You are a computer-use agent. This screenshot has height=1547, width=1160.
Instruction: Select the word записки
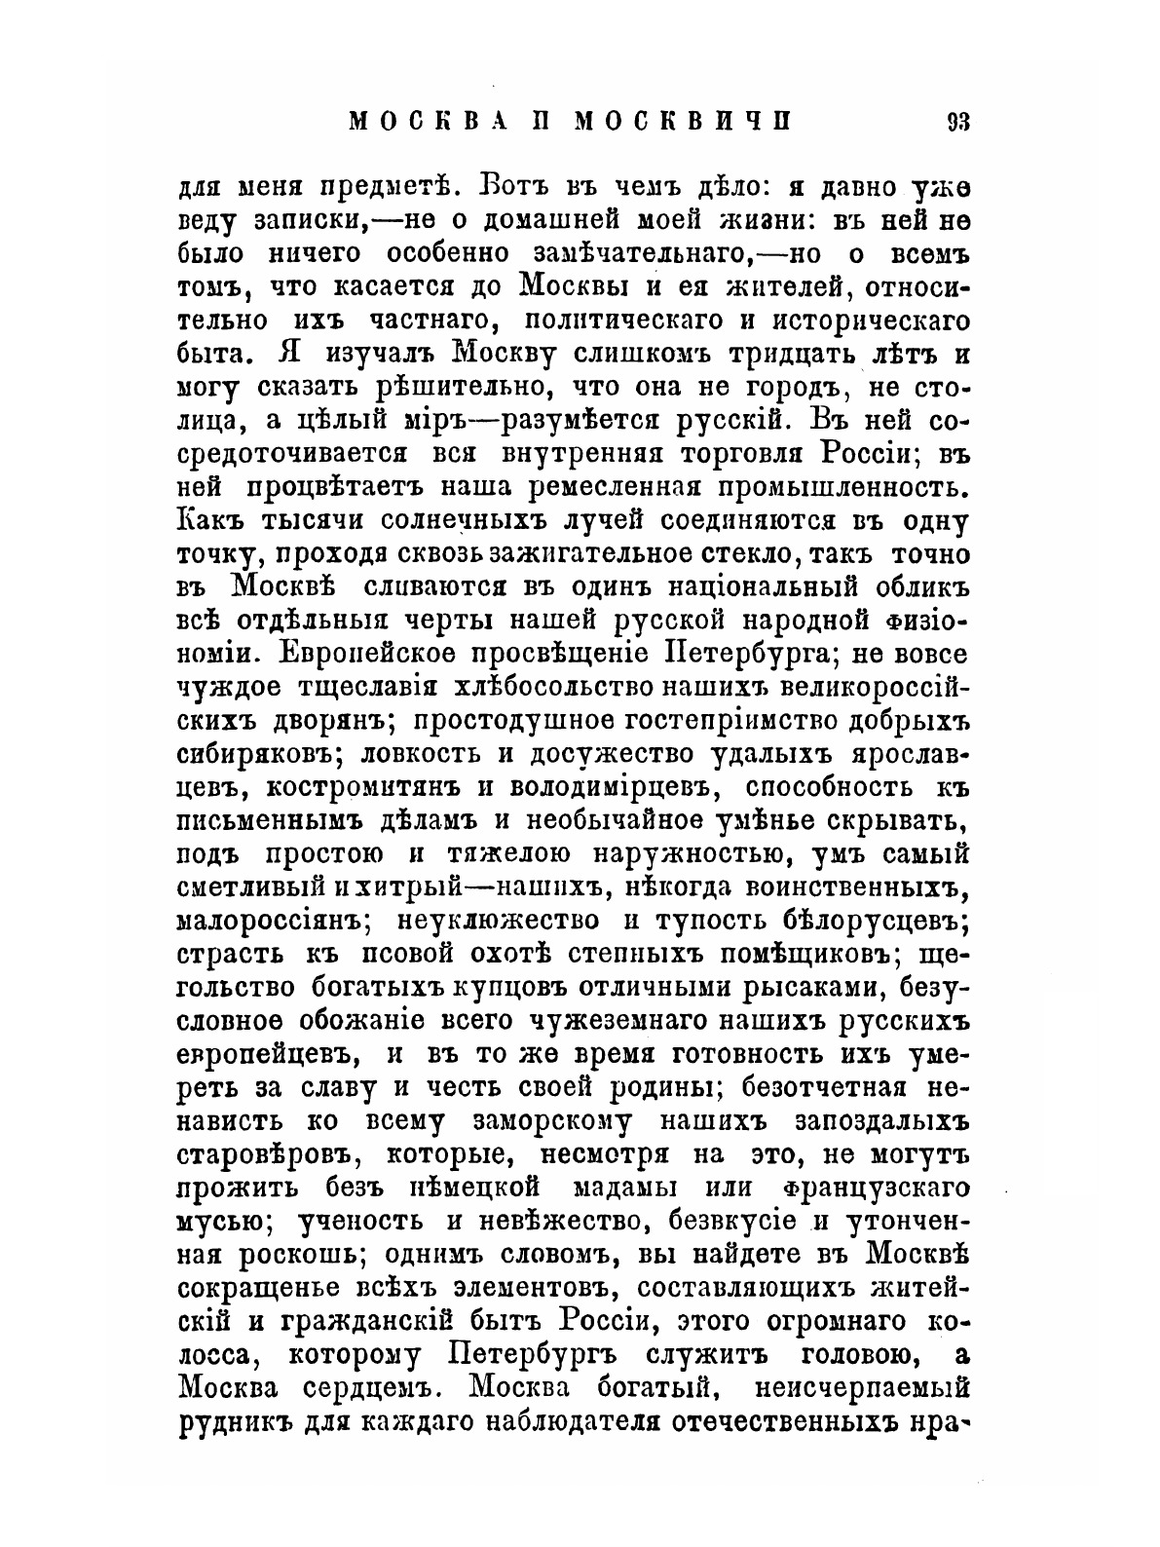click(x=307, y=220)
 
